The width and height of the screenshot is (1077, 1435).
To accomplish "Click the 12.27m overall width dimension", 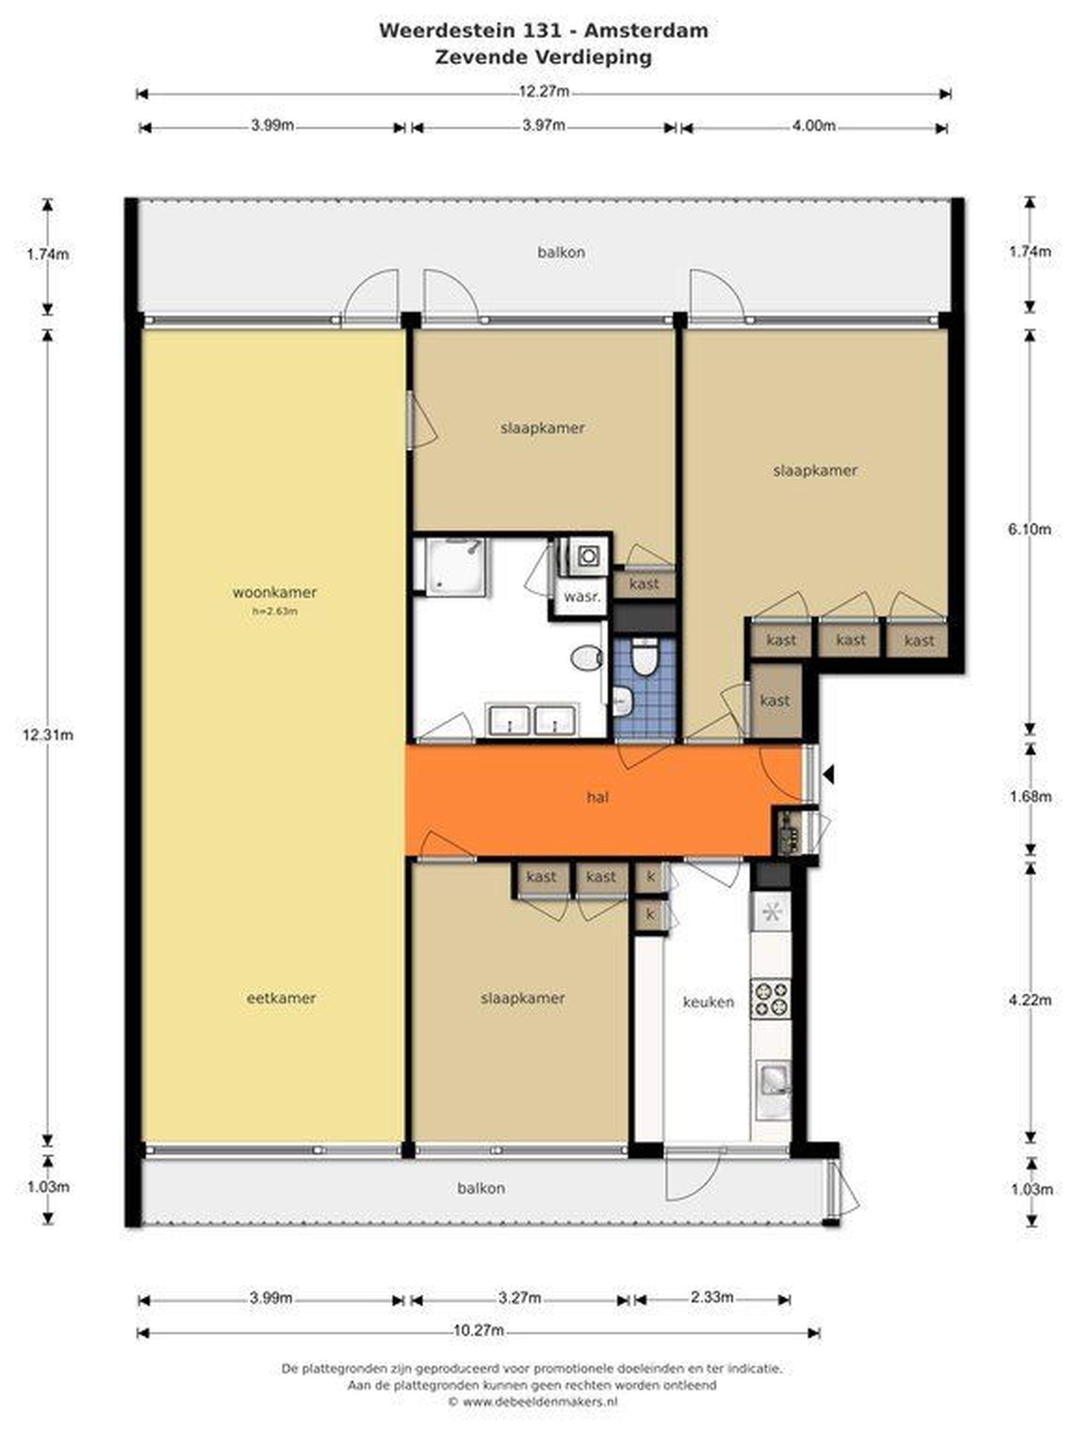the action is coord(544,91).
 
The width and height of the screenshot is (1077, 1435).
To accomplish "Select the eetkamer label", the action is coord(281,998).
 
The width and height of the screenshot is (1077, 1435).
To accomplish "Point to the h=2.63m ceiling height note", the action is coord(275,610).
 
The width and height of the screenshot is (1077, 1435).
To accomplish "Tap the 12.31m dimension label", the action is coord(47,734).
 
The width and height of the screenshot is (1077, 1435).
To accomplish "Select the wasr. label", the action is coord(582,596).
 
